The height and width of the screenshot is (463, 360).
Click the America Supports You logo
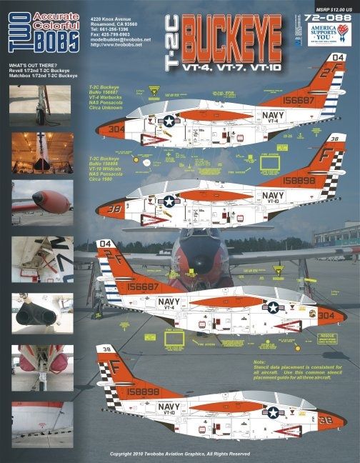pos(334,36)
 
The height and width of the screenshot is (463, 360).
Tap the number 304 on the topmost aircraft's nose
pos(117,130)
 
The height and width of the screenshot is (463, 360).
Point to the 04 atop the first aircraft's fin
pos(339,58)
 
